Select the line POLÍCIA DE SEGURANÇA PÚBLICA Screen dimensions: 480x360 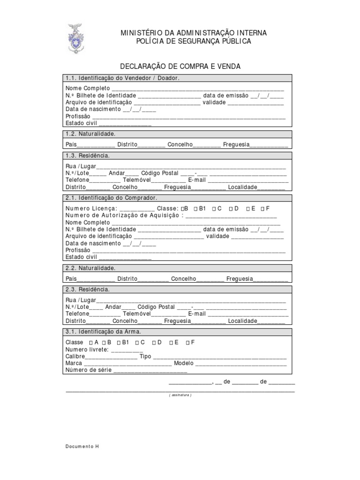[194, 41]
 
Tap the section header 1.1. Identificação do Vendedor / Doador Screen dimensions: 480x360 [122, 78]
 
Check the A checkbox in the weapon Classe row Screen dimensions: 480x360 [90, 343]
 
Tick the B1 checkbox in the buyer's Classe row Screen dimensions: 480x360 [195, 209]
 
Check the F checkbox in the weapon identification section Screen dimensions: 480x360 [187, 343]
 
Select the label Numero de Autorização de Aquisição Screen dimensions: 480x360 [122, 215]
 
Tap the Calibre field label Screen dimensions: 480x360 [75, 356]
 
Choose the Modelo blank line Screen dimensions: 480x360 [241, 363]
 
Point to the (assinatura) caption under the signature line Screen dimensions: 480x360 [180, 395]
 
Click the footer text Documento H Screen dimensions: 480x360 [82, 446]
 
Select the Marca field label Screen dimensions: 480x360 [74, 363]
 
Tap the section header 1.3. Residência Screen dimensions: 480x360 [88, 156]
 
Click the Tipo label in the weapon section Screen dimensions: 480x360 [145, 356]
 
